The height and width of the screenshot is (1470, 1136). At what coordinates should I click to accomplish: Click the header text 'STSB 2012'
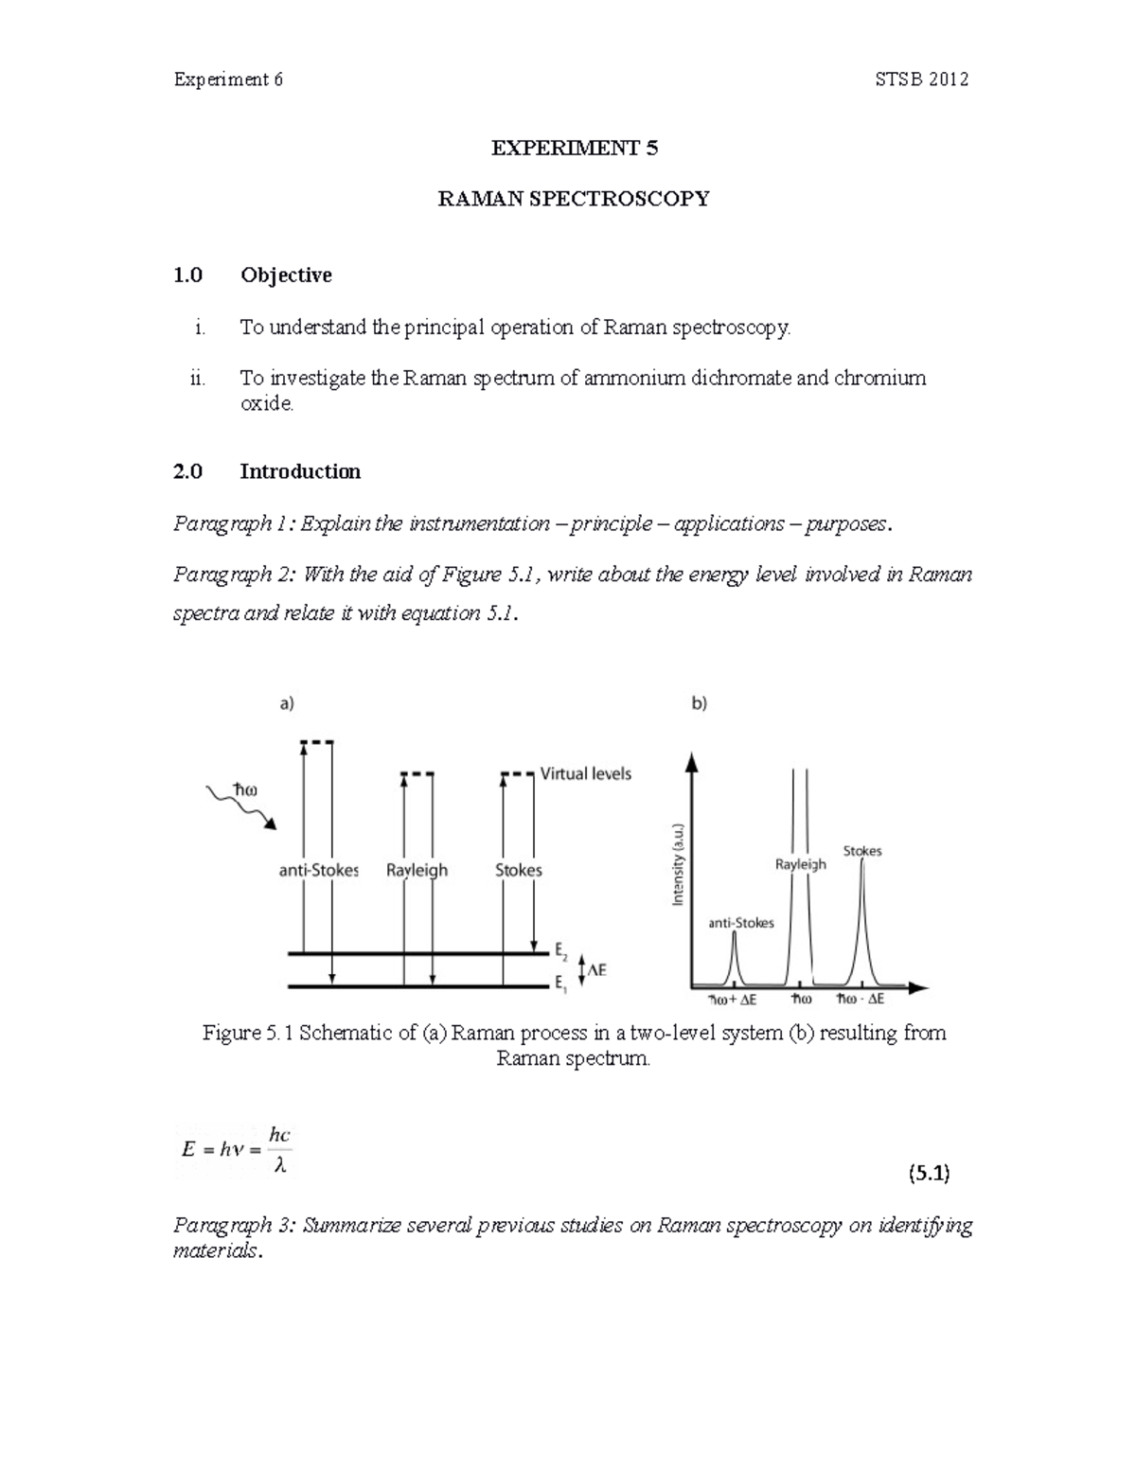point(922,80)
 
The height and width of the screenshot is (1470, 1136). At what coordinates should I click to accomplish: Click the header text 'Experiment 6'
point(228,80)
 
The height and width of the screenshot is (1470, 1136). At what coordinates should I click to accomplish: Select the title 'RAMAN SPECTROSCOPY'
point(573,199)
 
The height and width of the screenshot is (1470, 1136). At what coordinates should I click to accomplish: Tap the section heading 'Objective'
point(286,275)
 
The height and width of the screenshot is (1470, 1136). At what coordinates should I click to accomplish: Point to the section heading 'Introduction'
point(300,471)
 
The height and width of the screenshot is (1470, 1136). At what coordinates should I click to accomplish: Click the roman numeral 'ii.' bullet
point(197,379)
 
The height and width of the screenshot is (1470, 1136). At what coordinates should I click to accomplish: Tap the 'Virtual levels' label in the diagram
point(585,773)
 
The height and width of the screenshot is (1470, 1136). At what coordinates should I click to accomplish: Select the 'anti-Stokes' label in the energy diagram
point(318,870)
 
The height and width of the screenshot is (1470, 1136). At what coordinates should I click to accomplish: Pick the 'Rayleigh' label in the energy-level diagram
point(417,870)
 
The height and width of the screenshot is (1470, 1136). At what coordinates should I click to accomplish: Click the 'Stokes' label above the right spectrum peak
point(861,851)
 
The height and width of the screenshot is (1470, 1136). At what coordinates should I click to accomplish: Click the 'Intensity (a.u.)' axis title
point(678,865)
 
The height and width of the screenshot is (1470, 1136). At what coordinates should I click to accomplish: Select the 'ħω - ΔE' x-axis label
point(861,1000)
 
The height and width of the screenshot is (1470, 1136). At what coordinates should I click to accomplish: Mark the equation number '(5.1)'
point(929,1174)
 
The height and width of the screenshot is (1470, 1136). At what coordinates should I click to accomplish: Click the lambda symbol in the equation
point(278,1166)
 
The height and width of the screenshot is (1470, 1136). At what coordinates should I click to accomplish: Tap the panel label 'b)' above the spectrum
point(699,703)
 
